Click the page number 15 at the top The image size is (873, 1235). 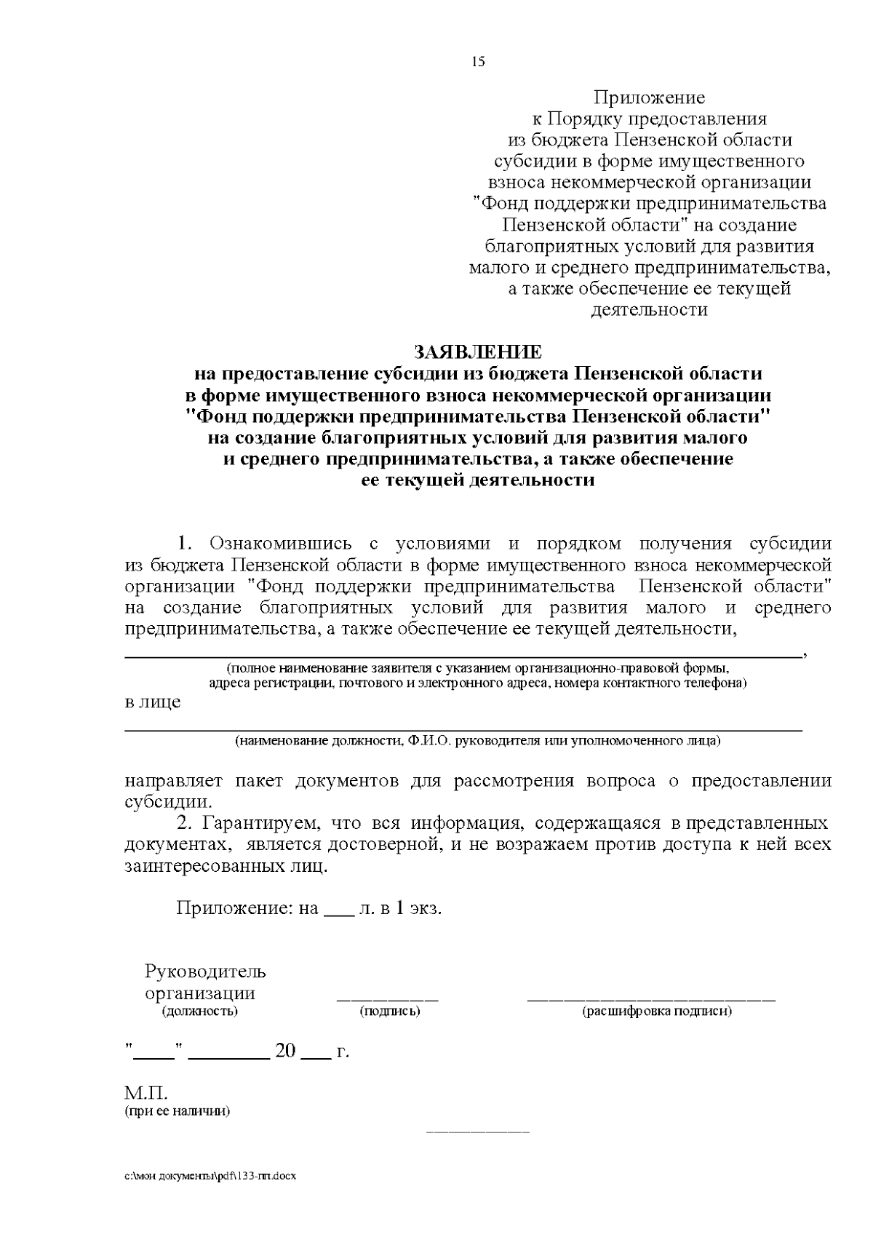tap(478, 62)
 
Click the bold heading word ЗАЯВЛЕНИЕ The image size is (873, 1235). tap(478, 352)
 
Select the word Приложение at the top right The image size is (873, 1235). tap(649, 98)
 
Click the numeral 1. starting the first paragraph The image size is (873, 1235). tap(184, 544)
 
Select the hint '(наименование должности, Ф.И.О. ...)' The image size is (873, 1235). tap(477, 741)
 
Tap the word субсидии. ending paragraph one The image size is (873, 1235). tap(169, 803)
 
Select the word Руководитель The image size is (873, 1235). tap(205, 972)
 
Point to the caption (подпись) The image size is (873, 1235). tap(390, 1012)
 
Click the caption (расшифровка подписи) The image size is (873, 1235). tap(656, 1012)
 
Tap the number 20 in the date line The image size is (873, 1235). tap(285, 1051)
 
